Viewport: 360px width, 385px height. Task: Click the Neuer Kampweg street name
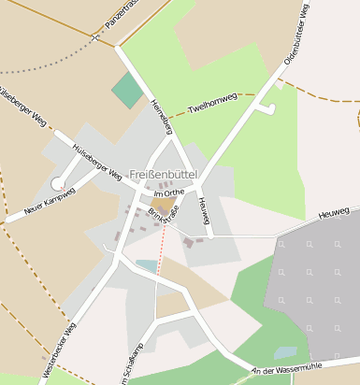[49, 200]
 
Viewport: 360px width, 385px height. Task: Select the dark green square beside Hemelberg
[127, 90]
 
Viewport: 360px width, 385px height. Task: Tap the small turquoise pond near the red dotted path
[146, 265]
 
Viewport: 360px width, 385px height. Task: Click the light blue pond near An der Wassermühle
[284, 353]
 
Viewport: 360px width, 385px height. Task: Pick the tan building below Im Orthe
[164, 205]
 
